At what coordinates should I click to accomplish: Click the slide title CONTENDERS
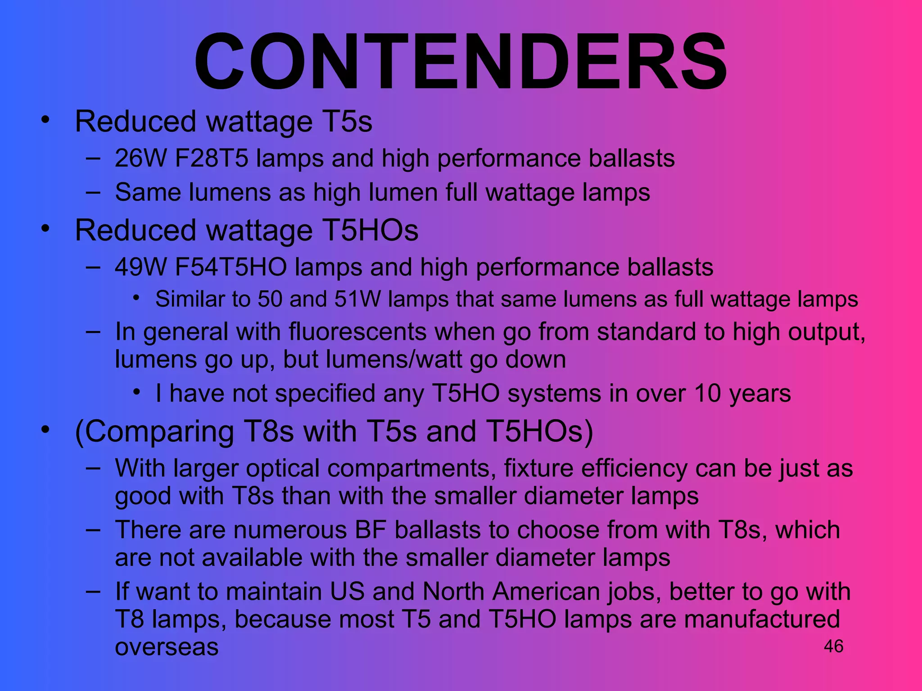click(460, 62)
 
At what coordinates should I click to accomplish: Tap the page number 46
click(833, 646)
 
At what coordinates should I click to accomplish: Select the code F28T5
click(212, 158)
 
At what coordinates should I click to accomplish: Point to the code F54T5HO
click(230, 267)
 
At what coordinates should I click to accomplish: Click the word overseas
click(167, 647)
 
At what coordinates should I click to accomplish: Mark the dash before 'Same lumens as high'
click(93, 192)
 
